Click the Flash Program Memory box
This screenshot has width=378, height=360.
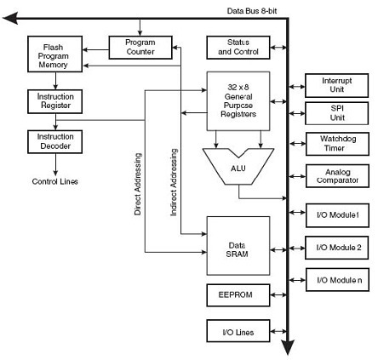55,54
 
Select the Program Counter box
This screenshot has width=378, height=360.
140,48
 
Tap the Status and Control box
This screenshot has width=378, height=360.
238,48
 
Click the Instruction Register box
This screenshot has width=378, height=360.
55,101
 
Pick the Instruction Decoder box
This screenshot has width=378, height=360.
55,142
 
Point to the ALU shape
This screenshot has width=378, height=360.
238,168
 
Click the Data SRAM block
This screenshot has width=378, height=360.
238,246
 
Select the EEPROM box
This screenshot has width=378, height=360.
238,295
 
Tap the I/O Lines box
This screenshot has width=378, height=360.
238,331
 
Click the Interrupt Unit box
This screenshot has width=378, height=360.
337,85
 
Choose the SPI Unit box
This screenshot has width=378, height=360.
337,113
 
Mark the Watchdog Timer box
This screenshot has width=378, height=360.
337,144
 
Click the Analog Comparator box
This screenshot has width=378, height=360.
337,176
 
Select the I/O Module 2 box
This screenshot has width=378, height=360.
337,248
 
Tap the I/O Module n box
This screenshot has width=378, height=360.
337,280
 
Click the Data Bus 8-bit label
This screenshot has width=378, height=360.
252,11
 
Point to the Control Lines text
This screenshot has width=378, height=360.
55,181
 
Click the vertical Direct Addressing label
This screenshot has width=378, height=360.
138,184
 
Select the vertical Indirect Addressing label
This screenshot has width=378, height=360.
174,182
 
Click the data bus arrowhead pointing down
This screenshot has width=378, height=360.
288,346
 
